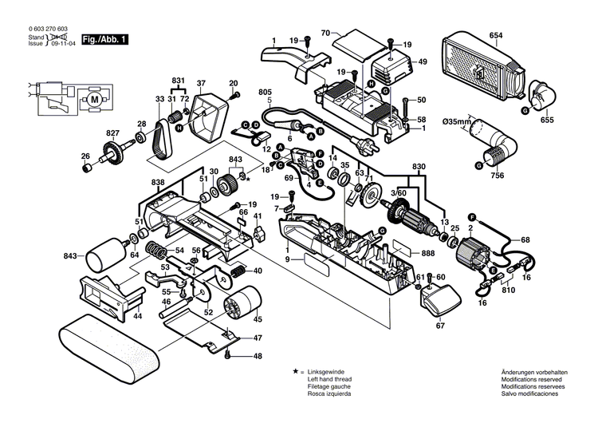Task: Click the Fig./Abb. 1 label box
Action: (x=104, y=39)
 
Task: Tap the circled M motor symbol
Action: (x=95, y=98)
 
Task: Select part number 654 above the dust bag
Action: (x=496, y=37)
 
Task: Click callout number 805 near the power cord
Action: (x=266, y=93)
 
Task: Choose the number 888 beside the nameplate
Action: (x=428, y=253)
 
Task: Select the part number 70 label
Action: (x=325, y=33)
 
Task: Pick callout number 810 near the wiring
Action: (x=509, y=291)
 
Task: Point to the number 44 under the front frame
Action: (x=138, y=317)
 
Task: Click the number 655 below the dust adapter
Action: (x=546, y=120)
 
